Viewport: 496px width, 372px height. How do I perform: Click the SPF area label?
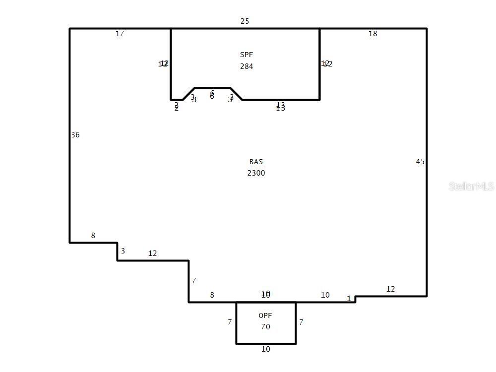[x=247, y=55]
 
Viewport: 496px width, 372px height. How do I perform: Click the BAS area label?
[x=256, y=162]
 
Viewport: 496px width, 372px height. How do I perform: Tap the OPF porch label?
[x=265, y=315]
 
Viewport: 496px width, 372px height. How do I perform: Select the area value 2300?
[x=256, y=173]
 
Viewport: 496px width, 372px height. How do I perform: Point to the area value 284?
[x=247, y=66]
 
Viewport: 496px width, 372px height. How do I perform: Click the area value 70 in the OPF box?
[x=265, y=327]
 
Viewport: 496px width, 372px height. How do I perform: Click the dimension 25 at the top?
[x=245, y=21]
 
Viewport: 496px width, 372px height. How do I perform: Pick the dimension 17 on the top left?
[x=120, y=34]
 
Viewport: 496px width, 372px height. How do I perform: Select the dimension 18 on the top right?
[x=372, y=34]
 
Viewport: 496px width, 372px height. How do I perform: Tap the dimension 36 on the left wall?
[x=75, y=135]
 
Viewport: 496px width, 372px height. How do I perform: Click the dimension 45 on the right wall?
[x=420, y=162]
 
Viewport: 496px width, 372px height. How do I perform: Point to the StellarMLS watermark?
[x=471, y=186]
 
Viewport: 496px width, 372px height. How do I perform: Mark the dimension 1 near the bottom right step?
[x=349, y=299]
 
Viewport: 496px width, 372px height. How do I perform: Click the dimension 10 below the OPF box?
[x=265, y=349]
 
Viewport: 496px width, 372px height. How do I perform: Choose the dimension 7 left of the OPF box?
[x=230, y=322]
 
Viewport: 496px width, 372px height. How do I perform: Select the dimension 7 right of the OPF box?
[x=301, y=322]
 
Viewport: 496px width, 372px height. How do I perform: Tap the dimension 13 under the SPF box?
[x=281, y=107]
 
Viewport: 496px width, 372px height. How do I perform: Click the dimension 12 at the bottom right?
[x=390, y=289]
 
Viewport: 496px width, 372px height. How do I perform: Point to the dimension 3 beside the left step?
[x=123, y=251]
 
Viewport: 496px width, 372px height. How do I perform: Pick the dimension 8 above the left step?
[x=93, y=236]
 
